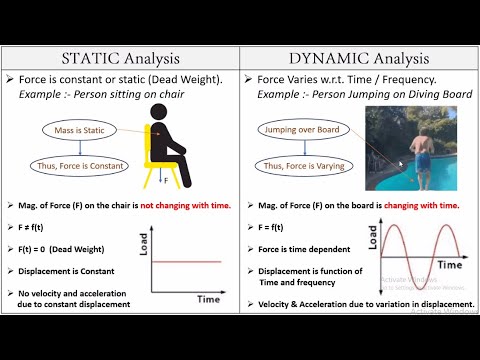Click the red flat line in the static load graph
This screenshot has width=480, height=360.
[x=187, y=262]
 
